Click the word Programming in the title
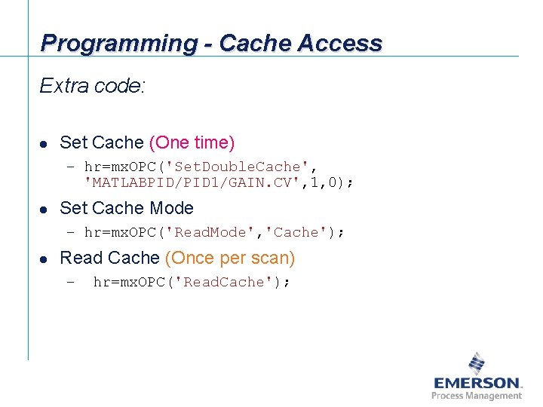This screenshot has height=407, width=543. (117, 43)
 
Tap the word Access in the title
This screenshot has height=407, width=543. (339, 43)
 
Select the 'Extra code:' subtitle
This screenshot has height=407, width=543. (92, 86)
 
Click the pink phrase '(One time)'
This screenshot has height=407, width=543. (192, 142)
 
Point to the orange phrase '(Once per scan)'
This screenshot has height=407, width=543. (230, 258)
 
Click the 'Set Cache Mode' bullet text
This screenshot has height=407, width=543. (126, 208)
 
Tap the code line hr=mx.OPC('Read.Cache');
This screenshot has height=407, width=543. (192, 283)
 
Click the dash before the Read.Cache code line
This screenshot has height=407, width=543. (70, 283)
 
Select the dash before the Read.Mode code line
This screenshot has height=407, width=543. (70, 233)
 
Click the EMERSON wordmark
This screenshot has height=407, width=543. (477, 383)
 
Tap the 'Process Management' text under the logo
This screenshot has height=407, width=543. (477, 396)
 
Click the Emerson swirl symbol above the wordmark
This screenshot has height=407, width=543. (477, 363)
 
